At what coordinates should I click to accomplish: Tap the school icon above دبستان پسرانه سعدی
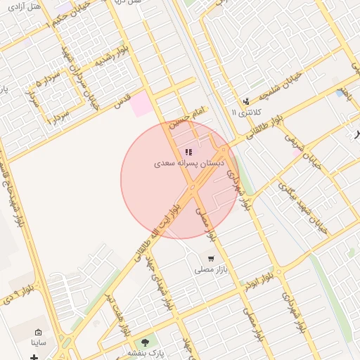[188, 152]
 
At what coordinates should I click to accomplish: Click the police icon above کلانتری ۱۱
[246, 101]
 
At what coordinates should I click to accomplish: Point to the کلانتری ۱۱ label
[246, 112]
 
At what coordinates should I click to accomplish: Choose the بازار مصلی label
[210, 269]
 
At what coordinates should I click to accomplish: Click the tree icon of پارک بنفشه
[146, 342]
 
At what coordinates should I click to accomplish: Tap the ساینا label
[37, 343]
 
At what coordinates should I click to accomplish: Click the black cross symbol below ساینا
[34, 357]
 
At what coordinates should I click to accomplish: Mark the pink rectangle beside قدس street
[141, 103]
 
